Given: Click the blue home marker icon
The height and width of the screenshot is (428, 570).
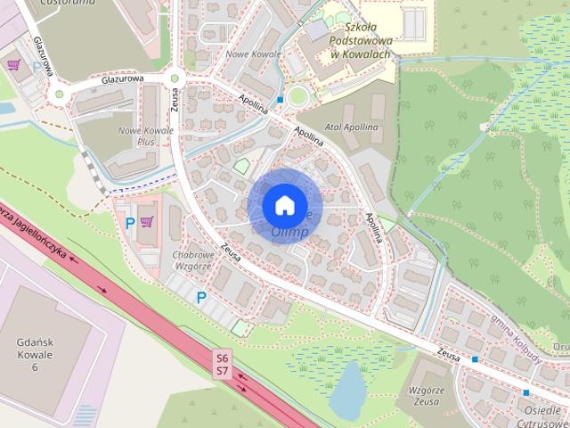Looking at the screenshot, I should [x=284, y=204].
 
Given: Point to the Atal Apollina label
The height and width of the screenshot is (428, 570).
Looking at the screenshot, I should [x=351, y=128].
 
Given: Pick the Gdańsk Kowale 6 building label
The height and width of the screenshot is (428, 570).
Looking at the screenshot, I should [x=36, y=354].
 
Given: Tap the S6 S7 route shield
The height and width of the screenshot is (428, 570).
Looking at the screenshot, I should [x=222, y=363].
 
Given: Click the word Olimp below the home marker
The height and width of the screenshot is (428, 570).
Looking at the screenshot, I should [x=290, y=232].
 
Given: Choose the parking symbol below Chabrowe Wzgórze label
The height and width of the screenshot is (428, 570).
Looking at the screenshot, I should [x=201, y=297].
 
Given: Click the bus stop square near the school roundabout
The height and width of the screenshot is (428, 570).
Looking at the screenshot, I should [x=281, y=100].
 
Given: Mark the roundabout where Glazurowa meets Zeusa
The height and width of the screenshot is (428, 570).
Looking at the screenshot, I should [x=175, y=78].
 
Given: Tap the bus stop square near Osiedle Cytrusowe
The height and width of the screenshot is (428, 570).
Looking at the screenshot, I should [x=526, y=392].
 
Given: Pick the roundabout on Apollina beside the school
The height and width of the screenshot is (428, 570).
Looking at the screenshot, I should [x=297, y=96].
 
